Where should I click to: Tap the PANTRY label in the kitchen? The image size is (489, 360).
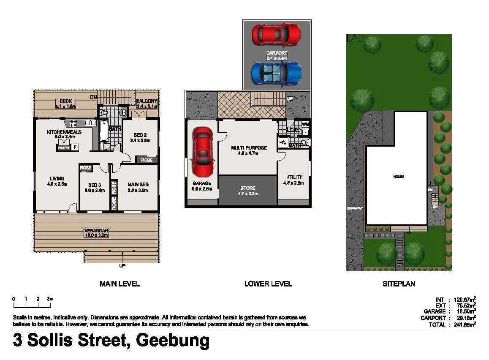coord(64,147)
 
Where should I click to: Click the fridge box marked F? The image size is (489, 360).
coord(75,147)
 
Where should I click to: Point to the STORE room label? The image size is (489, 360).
coord(248,188)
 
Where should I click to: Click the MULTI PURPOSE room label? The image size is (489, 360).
coord(249,148)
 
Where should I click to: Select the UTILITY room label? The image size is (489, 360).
coord(294,177)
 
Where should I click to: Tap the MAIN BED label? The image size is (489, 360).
coord(138,184)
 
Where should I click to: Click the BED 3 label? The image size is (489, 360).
coord(95,185)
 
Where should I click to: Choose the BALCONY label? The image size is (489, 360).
coord(147,101)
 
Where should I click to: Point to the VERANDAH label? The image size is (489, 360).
coord(97,230)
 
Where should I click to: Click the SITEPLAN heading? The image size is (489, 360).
coord(399,284)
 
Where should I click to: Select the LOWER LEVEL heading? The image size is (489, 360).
coord(268,284)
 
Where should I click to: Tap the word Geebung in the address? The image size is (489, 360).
coord(174,341)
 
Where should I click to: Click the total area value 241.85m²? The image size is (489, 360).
coord(462,325)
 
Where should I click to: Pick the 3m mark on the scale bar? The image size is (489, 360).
coord(50,299)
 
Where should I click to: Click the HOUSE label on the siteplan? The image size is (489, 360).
coord(399,177)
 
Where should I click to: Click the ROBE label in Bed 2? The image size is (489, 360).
coord(147,160)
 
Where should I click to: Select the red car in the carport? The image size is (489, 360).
coord(276,34)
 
